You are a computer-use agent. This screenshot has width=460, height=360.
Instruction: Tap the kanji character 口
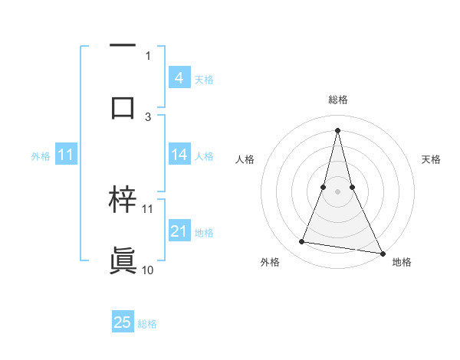[123, 107]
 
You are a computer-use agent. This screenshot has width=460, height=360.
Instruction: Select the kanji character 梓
[123, 200]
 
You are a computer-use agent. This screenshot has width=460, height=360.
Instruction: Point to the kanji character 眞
[123, 261]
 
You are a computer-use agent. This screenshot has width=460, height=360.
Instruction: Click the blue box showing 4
[179, 77]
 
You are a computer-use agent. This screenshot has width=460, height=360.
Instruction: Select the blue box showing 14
[179, 155]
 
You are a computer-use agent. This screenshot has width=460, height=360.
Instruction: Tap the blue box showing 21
[179, 231]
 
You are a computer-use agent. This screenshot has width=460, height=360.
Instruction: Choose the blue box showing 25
[123, 322]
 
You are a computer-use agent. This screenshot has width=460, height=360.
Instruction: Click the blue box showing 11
[65, 155]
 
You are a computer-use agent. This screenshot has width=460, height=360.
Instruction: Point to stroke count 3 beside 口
[148, 116]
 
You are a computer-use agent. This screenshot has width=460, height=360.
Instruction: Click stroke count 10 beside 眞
[148, 270]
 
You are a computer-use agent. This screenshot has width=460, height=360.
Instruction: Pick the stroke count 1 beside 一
[148, 55]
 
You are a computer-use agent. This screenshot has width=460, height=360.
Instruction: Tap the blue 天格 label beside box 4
[204, 79]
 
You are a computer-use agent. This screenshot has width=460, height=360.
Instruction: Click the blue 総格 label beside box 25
[147, 324]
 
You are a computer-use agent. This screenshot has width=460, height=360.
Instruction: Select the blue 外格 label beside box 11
[41, 156]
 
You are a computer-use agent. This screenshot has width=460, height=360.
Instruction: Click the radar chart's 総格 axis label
[337, 100]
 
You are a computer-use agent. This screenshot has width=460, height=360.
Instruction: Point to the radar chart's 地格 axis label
[402, 263]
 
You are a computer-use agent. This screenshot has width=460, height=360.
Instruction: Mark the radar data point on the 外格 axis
[302, 242]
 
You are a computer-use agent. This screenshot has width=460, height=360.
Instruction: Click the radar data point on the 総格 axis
[337, 129]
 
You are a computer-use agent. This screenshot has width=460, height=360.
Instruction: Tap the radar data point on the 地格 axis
[382, 252]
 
